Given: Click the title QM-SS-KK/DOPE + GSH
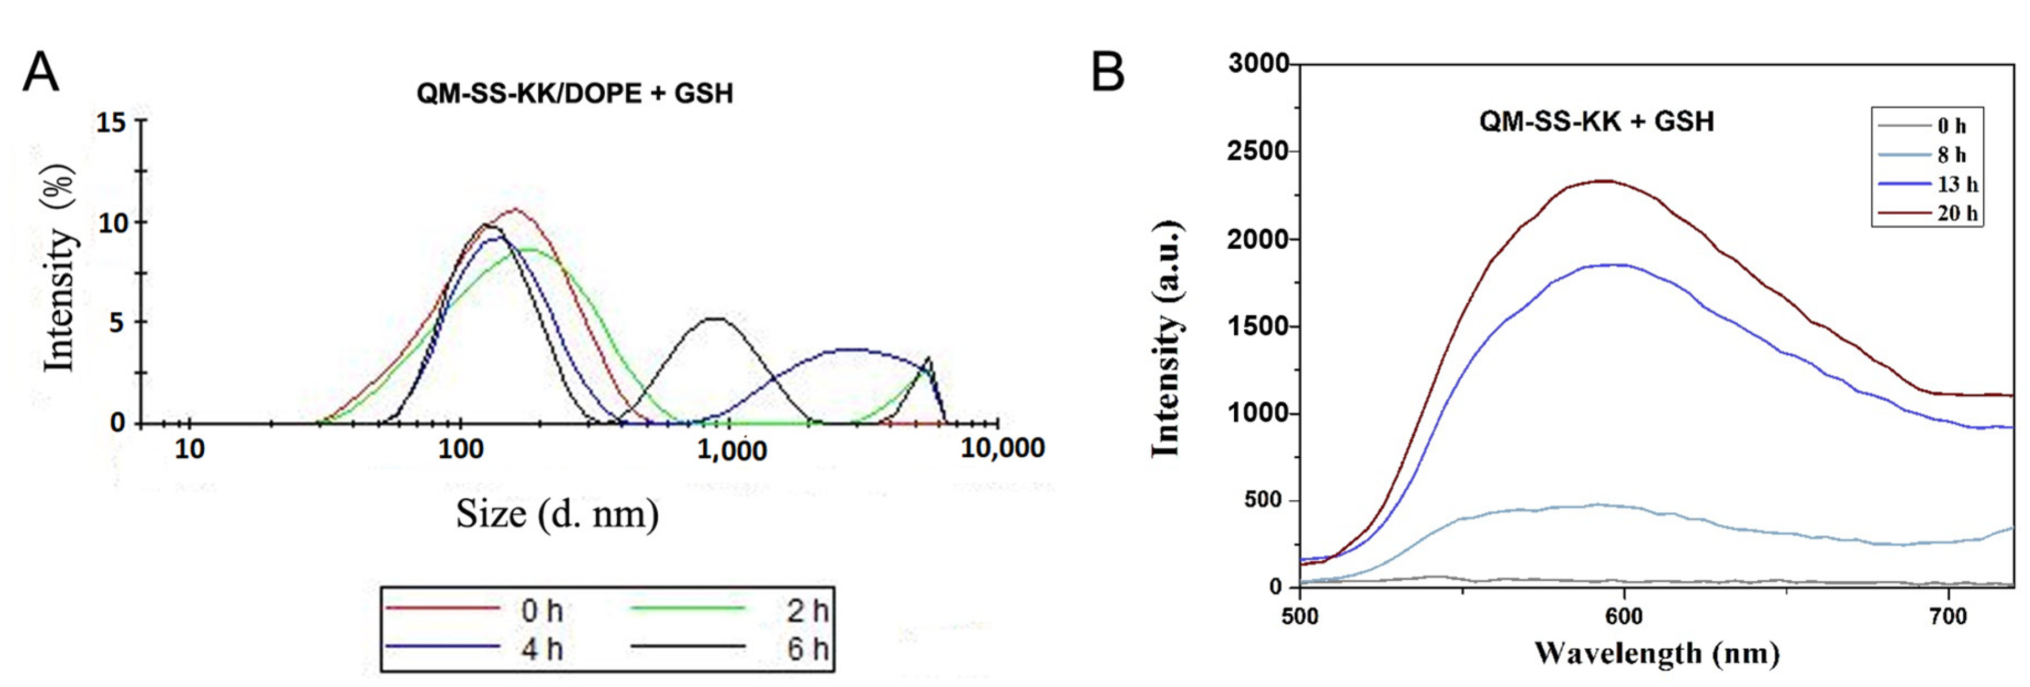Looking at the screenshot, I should point(574,94).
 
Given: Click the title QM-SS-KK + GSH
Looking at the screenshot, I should point(1596,121).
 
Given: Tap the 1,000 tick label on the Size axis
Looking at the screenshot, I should point(732,450).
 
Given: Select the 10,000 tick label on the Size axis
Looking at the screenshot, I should point(1002,448).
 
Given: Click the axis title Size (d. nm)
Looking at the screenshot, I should point(557,514).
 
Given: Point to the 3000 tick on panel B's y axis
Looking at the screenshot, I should point(1259,63).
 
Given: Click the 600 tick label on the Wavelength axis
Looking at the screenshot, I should point(1624,617).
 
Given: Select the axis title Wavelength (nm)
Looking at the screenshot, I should point(1656,653).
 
